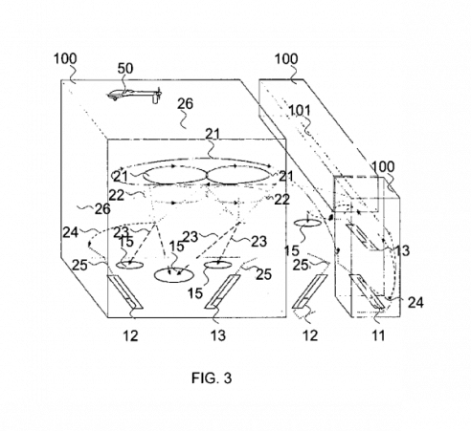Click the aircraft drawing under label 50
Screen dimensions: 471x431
tap(135, 95)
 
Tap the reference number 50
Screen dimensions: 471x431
tap(125, 69)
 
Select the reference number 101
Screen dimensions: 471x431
tap(300, 111)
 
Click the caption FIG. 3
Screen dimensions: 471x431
tap(212, 378)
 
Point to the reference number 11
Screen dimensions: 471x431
tap(378, 335)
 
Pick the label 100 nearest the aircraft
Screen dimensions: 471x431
tap(65, 59)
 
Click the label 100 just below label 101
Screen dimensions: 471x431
tap(383, 166)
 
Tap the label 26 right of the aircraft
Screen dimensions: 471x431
tap(186, 104)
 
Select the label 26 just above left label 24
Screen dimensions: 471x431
tap(102, 209)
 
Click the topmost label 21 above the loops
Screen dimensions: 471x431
tap(213, 134)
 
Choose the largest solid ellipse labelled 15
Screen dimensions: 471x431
tap(173, 275)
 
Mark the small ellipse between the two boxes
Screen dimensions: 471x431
tap(306, 223)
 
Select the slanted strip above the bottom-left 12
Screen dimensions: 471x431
tap(124, 291)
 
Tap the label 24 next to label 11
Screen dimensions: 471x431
tap(415, 302)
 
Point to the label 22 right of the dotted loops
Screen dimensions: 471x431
tap(281, 200)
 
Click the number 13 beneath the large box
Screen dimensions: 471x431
tap(218, 335)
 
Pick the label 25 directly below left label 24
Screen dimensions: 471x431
tap(79, 265)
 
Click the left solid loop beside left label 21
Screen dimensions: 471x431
tap(175, 176)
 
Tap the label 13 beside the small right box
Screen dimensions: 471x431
tap(402, 251)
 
